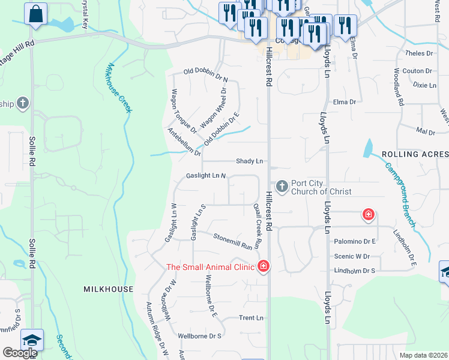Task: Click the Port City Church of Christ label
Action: (321, 187)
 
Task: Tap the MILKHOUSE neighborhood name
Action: (108, 289)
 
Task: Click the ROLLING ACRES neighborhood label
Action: (415, 154)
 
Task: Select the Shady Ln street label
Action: (250, 161)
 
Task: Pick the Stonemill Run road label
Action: (232, 241)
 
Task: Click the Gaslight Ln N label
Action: (205, 176)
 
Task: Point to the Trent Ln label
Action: (251, 318)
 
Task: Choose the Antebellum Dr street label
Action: (184, 142)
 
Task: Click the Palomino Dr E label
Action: (355, 241)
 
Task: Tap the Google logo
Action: (19, 352)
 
